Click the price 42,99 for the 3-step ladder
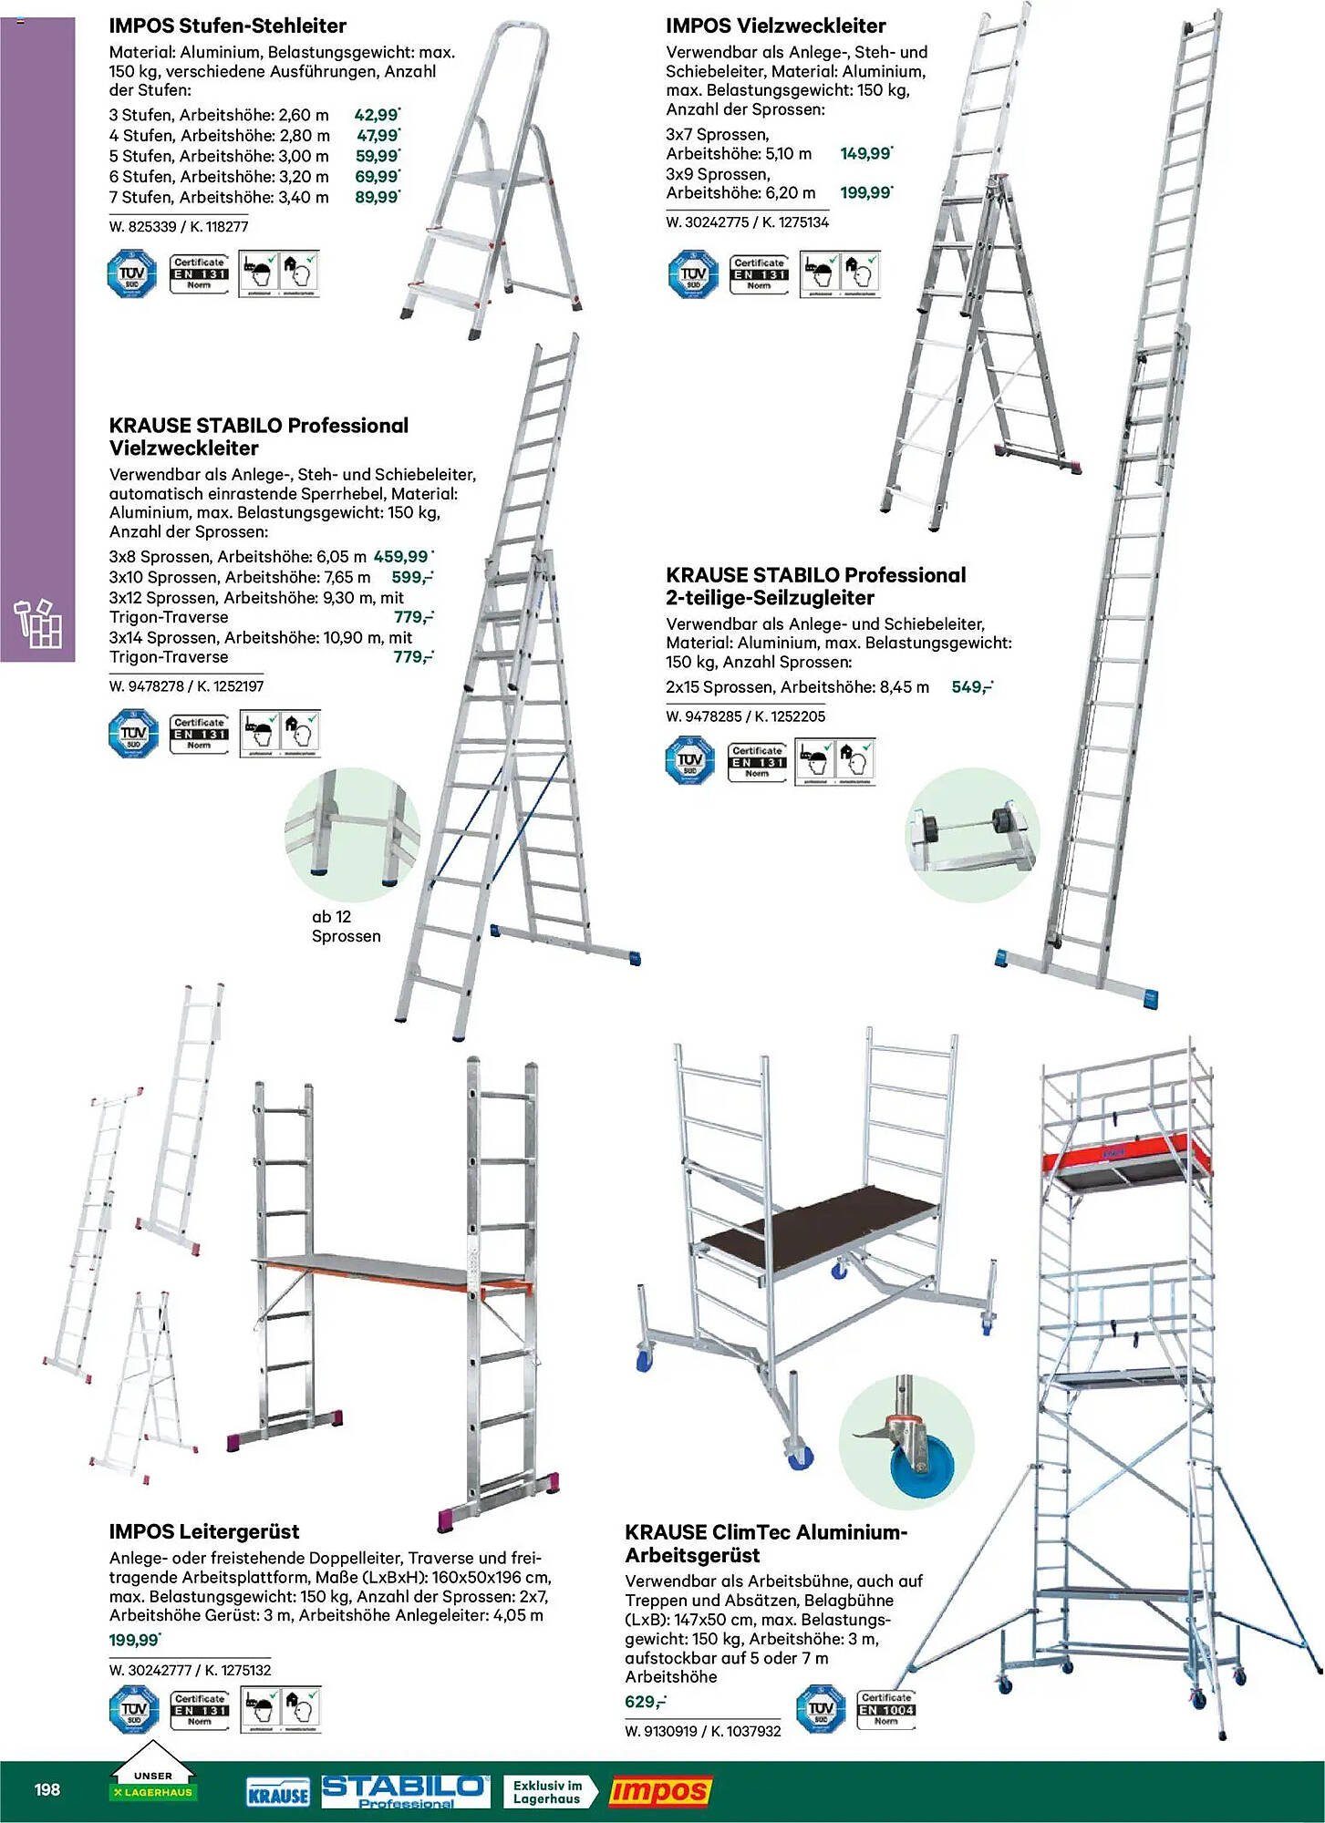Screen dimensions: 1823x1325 pyautogui.click(x=377, y=115)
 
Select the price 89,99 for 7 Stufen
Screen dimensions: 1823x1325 pyautogui.click(x=377, y=197)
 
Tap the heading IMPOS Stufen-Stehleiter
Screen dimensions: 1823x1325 pyautogui.click(x=227, y=26)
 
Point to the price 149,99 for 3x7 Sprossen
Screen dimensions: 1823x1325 pyautogui.click(x=865, y=153)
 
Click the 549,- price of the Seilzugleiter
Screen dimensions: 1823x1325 pyautogui.click(x=971, y=687)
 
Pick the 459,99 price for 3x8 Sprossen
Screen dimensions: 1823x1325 pyautogui.click(x=401, y=556)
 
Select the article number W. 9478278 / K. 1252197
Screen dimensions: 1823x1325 pyautogui.click(x=186, y=686)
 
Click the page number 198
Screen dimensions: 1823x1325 pyautogui.click(x=47, y=1788)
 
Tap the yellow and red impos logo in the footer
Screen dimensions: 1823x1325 pyautogui.click(x=659, y=1791)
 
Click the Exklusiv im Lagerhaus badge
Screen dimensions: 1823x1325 pyautogui.click(x=548, y=1792)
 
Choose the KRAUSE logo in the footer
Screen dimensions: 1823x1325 pyautogui.click(x=278, y=1794)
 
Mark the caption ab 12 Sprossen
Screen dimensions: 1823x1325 pyautogui.click(x=346, y=926)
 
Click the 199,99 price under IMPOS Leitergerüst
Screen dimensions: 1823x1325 pyautogui.click(x=134, y=1640)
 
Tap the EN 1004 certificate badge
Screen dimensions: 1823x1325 pyautogui.click(x=885, y=1710)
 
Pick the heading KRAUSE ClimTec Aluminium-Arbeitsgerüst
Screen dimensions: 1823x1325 pyautogui.click(x=766, y=1543)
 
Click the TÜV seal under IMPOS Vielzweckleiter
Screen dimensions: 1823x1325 pyautogui.click(x=693, y=274)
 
